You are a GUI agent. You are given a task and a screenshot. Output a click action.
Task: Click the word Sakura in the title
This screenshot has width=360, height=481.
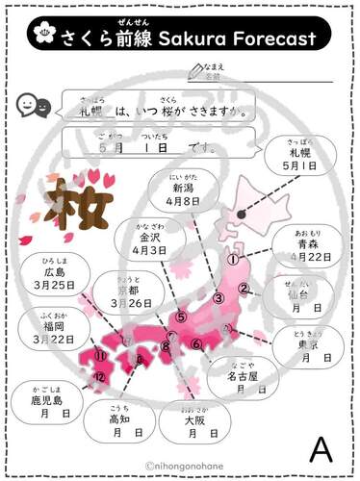193,38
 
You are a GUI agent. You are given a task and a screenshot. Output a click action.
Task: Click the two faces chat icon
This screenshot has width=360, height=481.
33,107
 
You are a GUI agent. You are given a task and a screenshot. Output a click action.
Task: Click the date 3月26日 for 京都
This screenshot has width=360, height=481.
131,303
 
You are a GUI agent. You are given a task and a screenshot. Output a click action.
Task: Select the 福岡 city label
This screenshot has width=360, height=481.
54,324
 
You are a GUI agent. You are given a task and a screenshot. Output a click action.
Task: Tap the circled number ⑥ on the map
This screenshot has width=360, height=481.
195,344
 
